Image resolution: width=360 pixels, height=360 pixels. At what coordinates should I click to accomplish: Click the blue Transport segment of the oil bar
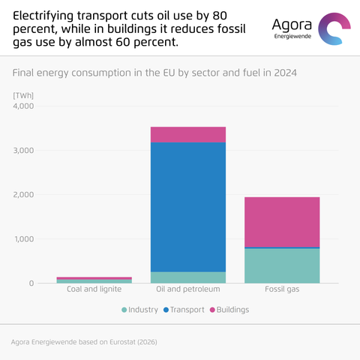188,207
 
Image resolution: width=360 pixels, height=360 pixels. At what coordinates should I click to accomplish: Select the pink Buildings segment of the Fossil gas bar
282,222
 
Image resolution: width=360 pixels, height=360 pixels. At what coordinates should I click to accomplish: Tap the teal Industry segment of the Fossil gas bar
282,265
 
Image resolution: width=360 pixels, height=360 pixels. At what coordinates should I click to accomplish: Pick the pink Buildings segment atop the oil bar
188,135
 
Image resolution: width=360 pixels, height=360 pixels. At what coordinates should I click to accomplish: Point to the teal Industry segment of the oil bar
188,277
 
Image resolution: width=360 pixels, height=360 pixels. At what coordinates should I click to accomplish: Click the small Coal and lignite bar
94,280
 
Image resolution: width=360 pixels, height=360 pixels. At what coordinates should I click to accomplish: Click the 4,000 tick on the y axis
23,106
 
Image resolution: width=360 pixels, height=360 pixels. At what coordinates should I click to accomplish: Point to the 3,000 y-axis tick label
23,150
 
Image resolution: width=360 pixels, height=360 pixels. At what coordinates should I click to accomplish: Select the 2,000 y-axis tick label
23,194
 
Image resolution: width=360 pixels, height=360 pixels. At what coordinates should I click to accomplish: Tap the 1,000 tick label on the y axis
24,239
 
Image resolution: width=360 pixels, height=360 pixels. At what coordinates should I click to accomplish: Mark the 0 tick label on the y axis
31,283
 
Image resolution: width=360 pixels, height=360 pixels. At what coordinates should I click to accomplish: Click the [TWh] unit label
23,95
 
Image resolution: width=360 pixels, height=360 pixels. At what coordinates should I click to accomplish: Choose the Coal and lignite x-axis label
94,289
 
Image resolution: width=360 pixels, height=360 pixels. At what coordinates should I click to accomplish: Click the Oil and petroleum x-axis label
188,289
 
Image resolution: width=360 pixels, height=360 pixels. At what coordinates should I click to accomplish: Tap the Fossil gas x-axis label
282,289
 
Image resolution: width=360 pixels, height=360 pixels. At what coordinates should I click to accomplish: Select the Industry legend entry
139,310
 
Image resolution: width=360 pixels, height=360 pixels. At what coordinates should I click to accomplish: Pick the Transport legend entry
184,310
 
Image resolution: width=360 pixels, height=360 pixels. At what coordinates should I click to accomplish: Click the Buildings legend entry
229,310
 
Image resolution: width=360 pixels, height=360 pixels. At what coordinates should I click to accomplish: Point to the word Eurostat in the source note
123,342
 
